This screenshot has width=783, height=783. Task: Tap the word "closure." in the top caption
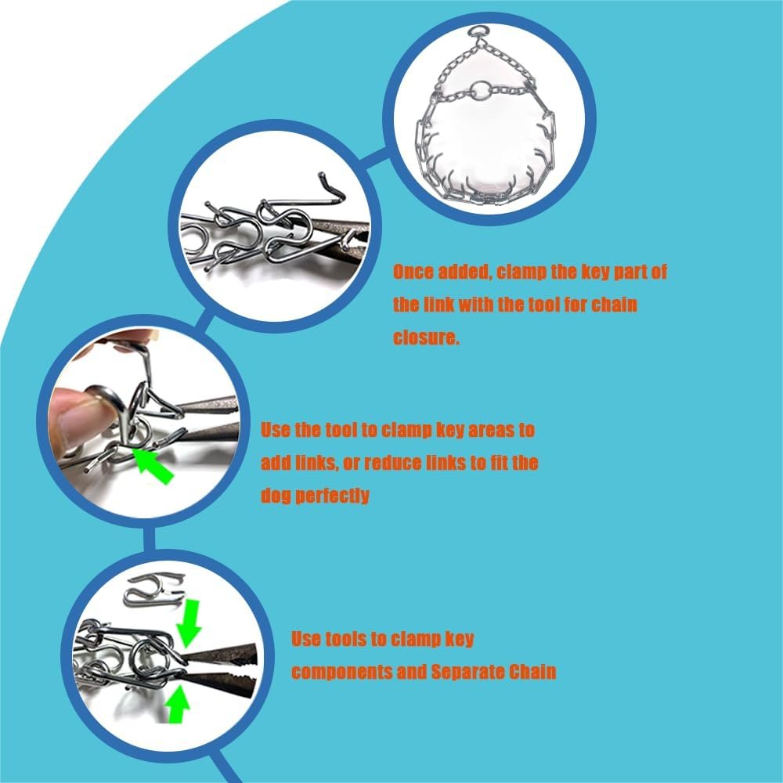pos(426,337)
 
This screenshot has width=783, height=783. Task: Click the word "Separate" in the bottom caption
pos(467,672)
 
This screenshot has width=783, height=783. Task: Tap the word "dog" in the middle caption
pos(276,496)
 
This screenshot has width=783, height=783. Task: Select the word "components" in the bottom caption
pos(341,673)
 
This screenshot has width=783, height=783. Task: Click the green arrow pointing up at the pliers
pos(179,704)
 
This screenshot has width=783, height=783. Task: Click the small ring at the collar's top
pos(476,31)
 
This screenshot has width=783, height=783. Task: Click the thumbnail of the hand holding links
pos(143,421)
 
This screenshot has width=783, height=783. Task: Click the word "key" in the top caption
pos(595,272)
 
